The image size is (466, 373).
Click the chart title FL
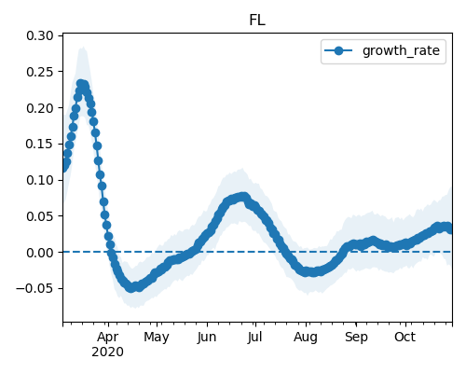point(257,21)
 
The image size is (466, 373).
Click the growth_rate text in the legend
point(401,50)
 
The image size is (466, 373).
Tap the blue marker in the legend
point(338,50)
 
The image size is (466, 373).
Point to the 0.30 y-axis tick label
point(40,35)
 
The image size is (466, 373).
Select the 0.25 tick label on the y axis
point(40,72)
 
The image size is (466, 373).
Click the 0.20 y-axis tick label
point(40,108)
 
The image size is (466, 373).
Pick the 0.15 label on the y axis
point(40,144)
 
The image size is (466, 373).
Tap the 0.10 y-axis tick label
point(40,180)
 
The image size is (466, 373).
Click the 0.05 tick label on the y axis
point(40,216)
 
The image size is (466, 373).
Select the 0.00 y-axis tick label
point(40,253)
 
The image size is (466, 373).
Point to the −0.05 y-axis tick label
point(34,288)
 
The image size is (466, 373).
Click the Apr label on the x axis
point(108,338)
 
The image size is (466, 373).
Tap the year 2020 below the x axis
point(108,352)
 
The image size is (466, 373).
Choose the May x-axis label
point(157,338)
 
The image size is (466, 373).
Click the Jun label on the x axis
point(207,338)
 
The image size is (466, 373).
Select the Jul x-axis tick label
point(255,338)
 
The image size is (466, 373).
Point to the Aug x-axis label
point(306,338)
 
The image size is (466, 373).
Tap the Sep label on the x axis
point(356,338)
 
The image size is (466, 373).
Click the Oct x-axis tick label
point(405,338)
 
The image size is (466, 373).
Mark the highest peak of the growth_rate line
point(81,84)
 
